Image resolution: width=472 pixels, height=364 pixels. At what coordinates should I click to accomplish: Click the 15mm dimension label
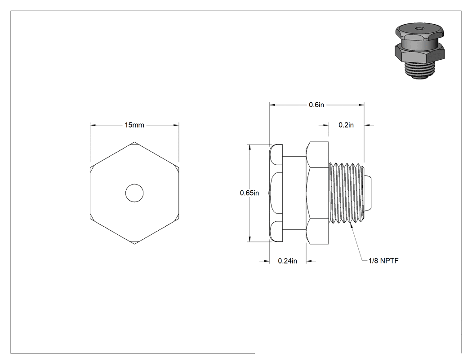[x=134, y=125]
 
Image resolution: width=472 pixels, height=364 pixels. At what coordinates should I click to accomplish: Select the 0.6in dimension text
[x=316, y=105]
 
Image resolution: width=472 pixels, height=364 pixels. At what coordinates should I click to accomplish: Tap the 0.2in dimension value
[x=346, y=125]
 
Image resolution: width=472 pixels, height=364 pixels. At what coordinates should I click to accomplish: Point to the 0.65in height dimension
[x=249, y=193]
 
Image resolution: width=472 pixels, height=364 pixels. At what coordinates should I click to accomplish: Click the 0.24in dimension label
[x=288, y=261]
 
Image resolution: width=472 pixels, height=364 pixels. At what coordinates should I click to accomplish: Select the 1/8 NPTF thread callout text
[x=383, y=261]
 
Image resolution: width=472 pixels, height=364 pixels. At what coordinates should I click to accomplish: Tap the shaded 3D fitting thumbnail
[x=420, y=51]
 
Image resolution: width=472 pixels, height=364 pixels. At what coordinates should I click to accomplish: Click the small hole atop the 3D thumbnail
[x=419, y=29]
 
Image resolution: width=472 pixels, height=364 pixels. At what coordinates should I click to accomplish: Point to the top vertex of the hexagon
[x=134, y=142]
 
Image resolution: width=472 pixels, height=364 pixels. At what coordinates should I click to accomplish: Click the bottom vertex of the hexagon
[x=134, y=244]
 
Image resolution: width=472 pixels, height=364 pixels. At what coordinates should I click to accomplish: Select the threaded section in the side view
[x=347, y=193]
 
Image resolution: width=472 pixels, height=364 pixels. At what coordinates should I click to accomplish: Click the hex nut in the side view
[x=317, y=193]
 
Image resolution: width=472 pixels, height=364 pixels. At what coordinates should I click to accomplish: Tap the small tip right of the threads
[x=368, y=193]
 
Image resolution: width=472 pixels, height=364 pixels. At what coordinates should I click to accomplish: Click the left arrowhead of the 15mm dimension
[x=93, y=125]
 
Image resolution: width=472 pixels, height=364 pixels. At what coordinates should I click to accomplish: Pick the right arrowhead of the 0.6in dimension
[x=361, y=105]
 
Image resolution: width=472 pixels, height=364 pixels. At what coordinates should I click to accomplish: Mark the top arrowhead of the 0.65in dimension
[x=249, y=147]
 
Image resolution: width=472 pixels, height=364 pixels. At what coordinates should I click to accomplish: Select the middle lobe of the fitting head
[x=276, y=193]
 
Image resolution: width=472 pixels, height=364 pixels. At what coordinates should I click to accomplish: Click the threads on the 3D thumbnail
[x=419, y=70]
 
